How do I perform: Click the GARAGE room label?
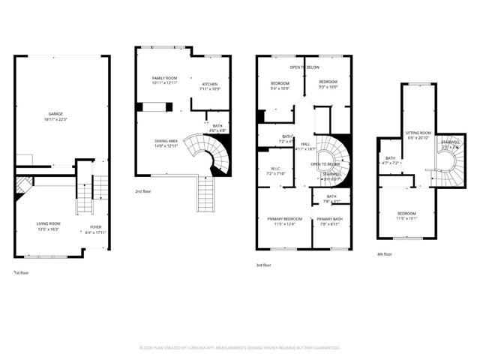(x=52, y=114)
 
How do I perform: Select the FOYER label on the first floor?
(x=96, y=227)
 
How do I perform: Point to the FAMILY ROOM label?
(x=163, y=78)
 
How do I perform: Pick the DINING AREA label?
(x=166, y=140)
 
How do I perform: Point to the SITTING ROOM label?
(x=418, y=132)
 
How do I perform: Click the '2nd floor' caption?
(x=144, y=191)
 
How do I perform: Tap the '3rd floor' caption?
(x=263, y=265)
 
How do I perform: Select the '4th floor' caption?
(x=384, y=254)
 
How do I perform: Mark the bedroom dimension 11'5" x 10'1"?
(x=406, y=219)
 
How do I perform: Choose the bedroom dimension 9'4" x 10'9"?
(x=280, y=88)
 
